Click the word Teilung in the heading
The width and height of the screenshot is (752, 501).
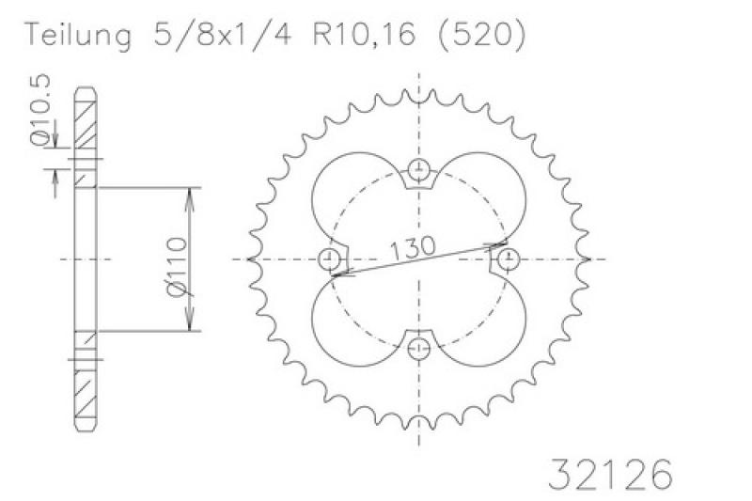click(78, 36)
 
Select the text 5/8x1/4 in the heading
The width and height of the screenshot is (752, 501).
click(223, 34)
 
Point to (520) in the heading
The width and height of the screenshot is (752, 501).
click(482, 35)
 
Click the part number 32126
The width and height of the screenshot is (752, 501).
click(609, 474)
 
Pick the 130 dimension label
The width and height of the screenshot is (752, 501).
click(413, 248)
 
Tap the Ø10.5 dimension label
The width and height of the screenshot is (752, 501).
click(39, 109)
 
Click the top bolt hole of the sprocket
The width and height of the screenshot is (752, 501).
click(419, 169)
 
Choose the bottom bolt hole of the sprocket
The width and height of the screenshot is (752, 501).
click(419, 348)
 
